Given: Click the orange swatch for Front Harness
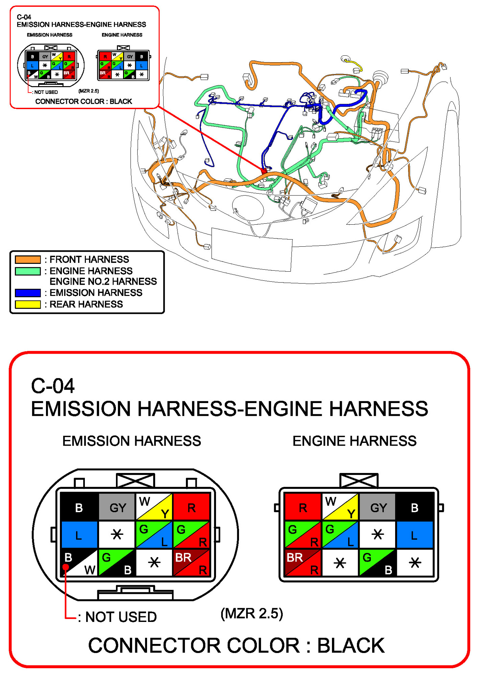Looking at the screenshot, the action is pos(28,259).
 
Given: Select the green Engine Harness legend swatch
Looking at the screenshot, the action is pos(28,271).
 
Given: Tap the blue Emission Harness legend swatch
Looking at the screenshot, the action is pos(28,293).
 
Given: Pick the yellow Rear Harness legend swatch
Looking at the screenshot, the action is pos(28,304).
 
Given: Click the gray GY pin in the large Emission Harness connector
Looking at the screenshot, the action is pos(117,507).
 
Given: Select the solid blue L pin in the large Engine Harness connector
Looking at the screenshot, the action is pos(414,535).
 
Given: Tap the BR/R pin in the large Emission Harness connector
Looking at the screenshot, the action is pos(191,562).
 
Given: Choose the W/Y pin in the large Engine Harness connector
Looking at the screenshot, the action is pos(340,507).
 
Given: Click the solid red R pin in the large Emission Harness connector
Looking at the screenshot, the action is pos(191,507).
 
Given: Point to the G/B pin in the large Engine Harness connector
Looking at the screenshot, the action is pos(377,562).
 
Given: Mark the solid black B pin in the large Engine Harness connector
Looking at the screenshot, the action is pos(414,507).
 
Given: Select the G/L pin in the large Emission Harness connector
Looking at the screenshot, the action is pos(154,535).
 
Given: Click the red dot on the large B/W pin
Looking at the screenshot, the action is pos(66,567).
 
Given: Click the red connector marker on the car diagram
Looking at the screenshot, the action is pos(264,171).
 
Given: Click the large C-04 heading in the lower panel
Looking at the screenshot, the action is pos(53,386).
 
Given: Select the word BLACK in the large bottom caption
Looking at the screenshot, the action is pos(351,646).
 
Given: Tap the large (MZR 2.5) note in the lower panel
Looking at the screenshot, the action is pos(252,613).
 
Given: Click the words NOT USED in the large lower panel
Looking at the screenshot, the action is pos(121,617).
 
